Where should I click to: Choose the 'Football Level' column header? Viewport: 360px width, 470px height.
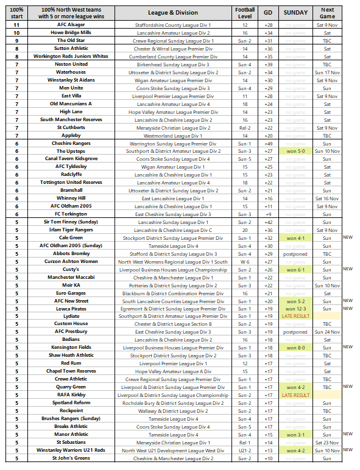(x=245, y=13)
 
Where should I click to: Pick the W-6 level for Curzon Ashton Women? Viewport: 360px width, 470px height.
(x=245, y=261)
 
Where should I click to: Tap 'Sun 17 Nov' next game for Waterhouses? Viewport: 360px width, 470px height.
(x=327, y=72)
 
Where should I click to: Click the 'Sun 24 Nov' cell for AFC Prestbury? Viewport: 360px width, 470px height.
(x=327, y=332)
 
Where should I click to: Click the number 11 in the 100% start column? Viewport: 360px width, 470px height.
(x=17, y=25)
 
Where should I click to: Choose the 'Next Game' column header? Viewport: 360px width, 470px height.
(x=327, y=13)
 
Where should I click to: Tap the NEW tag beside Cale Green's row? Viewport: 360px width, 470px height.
(x=348, y=237)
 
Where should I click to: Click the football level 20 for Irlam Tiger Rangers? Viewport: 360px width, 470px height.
(x=245, y=230)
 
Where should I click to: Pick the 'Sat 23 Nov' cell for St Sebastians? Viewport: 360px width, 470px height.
(x=327, y=443)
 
